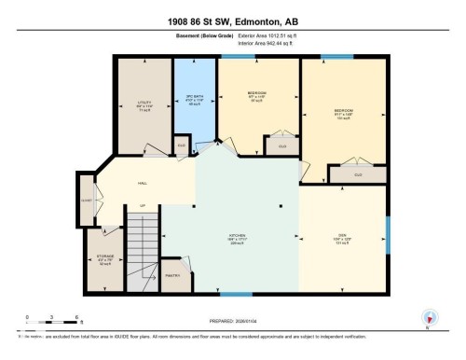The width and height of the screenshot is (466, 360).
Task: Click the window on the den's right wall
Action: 387,228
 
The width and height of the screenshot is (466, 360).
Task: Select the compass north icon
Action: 428,316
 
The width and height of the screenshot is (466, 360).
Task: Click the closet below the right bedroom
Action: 358,173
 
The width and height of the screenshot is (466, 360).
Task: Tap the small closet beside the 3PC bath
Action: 182,145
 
